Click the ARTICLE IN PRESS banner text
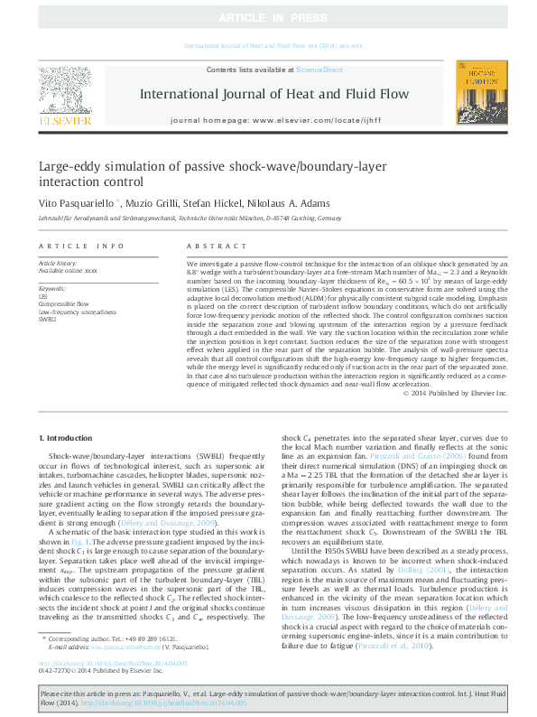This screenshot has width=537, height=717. pyautogui.click(x=268, y=18)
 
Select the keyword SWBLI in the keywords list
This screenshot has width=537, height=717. pyautogui.click(x=47, y=319)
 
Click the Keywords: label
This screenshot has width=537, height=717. pyautogui.click(x=52, y=288)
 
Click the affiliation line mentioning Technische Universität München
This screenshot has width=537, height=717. pyautogui.click(x=190, y=219)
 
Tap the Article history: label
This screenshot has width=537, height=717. pyautogui.click(x=59, y=263)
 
